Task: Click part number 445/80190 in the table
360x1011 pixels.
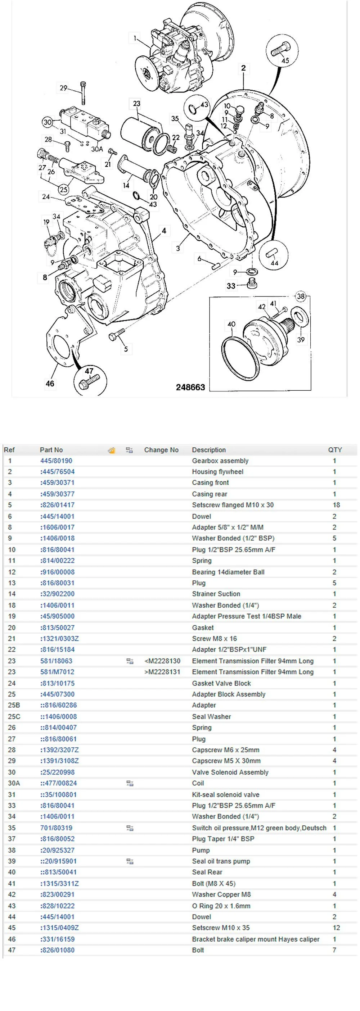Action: [x=56, y=461]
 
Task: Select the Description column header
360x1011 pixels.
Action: [x=208, y=450]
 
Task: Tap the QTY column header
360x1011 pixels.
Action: [x=334, y=450]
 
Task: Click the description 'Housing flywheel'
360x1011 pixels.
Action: [x=217, y=471]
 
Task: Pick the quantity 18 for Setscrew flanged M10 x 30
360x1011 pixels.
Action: [x=336, y=505]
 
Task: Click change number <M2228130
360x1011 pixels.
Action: [x=162, y=661]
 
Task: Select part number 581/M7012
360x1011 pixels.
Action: [x=57, y=672]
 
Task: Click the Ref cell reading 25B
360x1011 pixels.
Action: [x=14, y=705]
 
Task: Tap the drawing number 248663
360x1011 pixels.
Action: [x=190, y=387]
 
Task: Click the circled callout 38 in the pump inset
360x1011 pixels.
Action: [x=301, y=296]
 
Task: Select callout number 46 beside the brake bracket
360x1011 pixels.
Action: [x=50, y=384]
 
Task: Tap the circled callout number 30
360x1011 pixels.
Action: [x=48, y=122]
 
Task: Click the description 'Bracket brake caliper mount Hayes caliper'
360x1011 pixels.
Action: [x=255, y=939]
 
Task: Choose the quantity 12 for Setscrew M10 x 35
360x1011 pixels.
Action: [x=336, y=928]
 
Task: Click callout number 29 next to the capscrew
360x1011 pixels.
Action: [x=64, y=88]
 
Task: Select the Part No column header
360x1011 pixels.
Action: [x=51, y=450]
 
